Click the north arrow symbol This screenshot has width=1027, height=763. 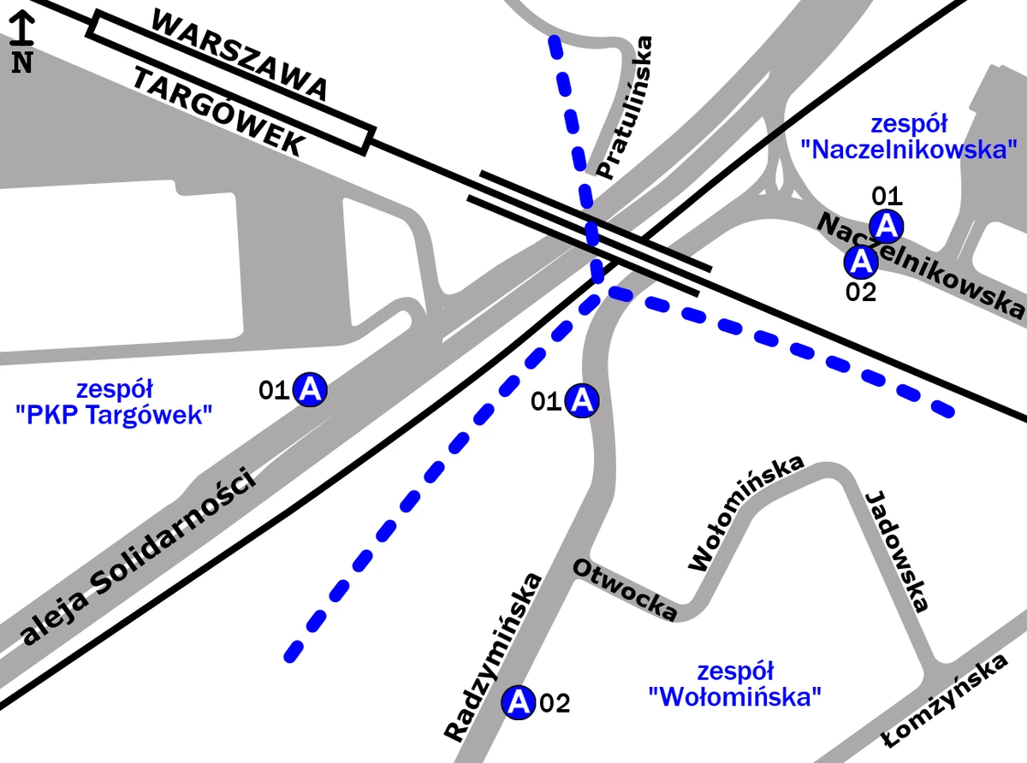point(21,43)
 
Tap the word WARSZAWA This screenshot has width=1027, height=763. point(240,55)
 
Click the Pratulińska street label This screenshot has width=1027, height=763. point(624,108)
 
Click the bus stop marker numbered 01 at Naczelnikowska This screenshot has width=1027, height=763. point(887,226)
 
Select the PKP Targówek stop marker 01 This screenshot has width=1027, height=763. point(311,390)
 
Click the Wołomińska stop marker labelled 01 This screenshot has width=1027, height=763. point(583,399)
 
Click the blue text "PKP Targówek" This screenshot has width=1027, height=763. point(114,416)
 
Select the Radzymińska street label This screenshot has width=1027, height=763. point(494,657)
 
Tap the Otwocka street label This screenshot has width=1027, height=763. point(625,589)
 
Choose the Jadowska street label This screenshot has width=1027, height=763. point(899,551)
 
